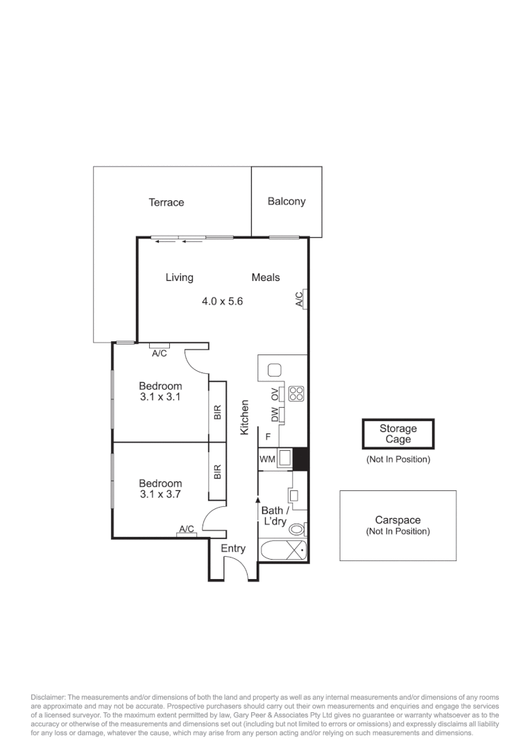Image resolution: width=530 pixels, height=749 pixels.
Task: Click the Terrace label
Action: tap(166, 203)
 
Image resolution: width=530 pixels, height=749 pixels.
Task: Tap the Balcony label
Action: tap(286, 202)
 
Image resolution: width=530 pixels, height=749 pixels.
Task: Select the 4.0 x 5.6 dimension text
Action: tap(222, 301)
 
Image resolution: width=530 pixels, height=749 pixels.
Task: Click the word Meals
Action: tap(266, 277)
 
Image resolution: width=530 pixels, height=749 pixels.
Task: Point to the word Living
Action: tap(179, 277)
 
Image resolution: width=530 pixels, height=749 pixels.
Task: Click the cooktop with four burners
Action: tap(296, 393)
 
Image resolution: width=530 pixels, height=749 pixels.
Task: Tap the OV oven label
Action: tap(275, 393)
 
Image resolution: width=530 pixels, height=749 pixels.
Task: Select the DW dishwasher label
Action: tap(275, 415)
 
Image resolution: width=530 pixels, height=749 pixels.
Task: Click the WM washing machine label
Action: tap(267, 460)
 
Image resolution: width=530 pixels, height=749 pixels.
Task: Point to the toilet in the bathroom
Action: tap(297, 529)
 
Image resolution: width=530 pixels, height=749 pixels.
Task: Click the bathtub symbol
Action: tap(283, 552)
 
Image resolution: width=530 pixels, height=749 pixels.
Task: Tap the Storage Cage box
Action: tap(398, 434)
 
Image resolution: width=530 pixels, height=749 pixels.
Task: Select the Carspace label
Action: tap(397, 520)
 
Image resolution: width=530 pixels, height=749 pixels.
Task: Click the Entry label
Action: tap(233, 549)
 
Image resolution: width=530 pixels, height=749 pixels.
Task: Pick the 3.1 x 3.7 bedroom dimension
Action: tap(160, 494)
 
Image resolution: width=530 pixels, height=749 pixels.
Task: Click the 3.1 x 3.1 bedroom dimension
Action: tap(160, 397)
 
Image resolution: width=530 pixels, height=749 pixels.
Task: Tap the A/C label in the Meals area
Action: tap(300, 299)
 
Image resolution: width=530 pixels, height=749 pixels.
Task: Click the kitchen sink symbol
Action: tap(273, 370)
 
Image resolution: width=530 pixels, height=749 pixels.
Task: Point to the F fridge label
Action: tap(268, 437)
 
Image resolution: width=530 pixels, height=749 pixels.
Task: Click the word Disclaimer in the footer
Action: tap(47, 696)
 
